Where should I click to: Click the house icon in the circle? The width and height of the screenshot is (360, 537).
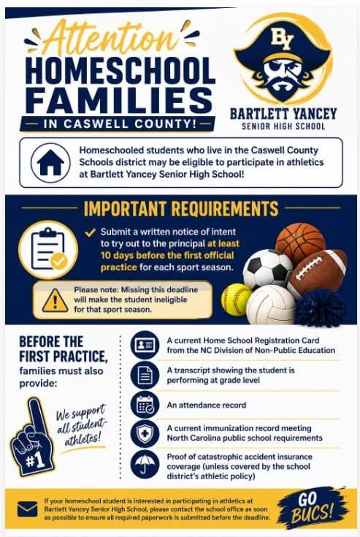pos(50,162)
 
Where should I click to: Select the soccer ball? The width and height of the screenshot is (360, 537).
pos(268,270)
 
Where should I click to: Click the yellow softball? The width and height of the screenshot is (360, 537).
pos(237,300)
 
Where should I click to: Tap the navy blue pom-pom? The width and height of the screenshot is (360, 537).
pos(320,308)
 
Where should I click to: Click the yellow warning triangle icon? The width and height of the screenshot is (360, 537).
pos(55,301)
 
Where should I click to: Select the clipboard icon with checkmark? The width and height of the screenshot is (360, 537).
pos(48,250)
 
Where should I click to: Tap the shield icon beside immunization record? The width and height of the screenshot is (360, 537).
pos(145,433)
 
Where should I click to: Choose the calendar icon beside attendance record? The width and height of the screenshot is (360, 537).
pos(145,405)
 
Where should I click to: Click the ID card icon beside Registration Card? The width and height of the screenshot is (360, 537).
pos(145,345)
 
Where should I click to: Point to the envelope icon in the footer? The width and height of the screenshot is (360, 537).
pos(27,509)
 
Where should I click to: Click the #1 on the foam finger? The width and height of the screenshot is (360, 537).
pos(35,461)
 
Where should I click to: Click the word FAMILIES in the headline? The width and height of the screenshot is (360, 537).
pos(120,100)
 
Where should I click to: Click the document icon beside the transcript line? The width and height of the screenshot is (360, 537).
pos(145,376)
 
